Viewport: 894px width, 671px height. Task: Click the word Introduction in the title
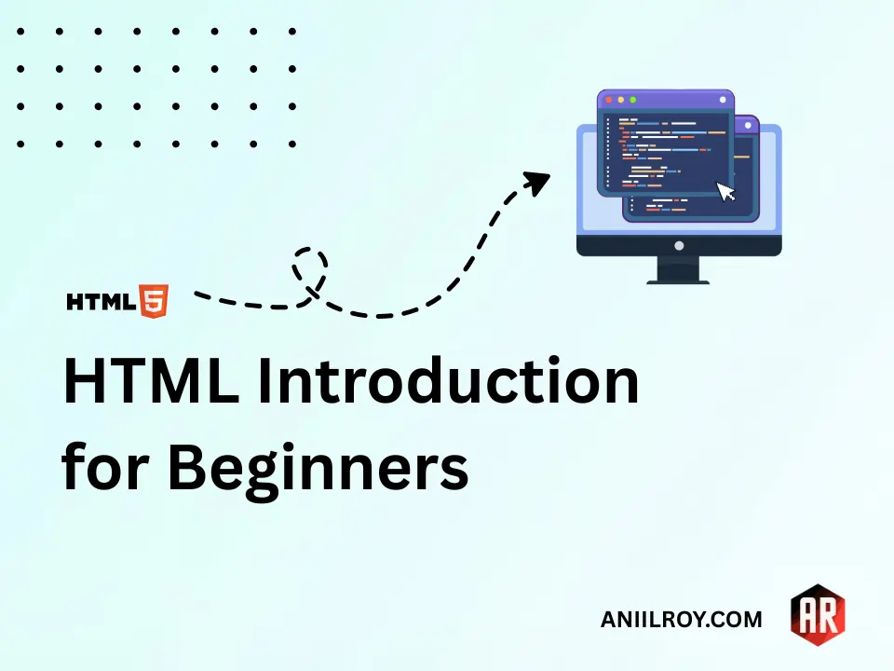[448, 383]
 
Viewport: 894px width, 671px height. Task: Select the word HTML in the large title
[150, 383]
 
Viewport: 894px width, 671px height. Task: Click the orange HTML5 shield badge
[155, 301]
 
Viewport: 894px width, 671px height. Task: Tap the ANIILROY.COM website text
[682, 620]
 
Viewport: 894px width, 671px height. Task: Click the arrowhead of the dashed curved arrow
[537, 181]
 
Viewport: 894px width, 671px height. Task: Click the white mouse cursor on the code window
[725, 191]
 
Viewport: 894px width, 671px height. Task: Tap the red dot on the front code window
[608, 99]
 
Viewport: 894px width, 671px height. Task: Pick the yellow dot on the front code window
[620, 99]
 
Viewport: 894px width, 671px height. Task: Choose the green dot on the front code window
[632, 99]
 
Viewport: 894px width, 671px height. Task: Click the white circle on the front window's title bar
[722, 99]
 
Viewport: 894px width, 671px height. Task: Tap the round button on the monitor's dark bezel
[678, 246]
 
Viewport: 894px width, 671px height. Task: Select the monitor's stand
[678, 270]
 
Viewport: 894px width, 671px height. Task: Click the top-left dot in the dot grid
[20, 31]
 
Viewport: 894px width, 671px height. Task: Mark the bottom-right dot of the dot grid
[291, 144]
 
